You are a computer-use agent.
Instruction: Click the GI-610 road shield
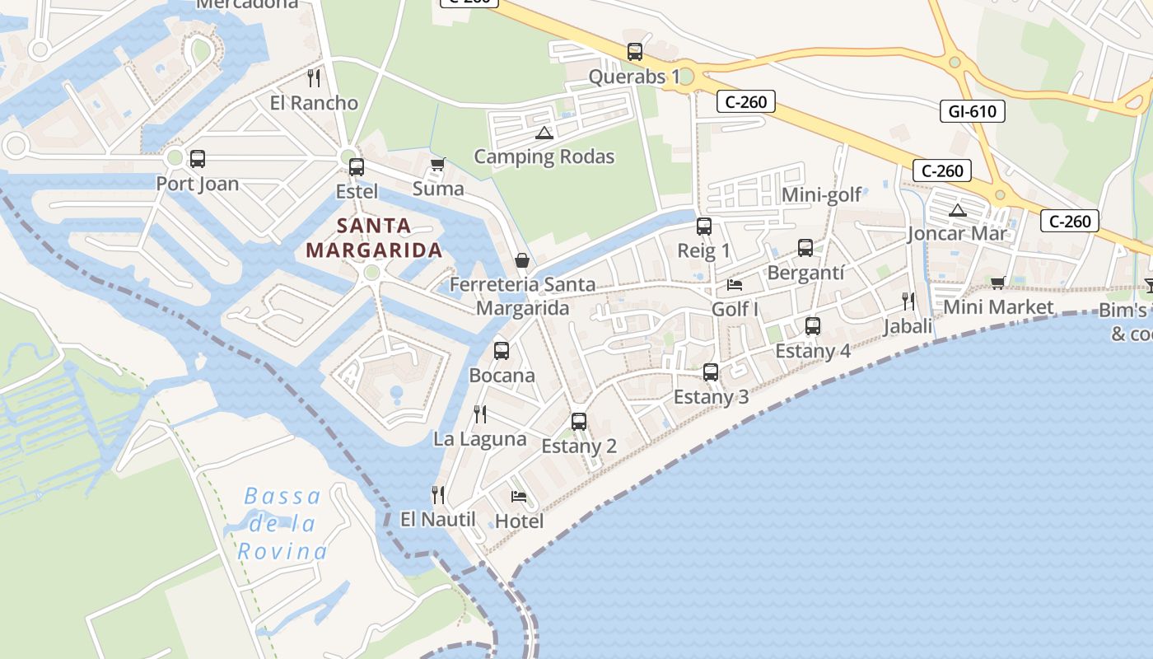[972, 110]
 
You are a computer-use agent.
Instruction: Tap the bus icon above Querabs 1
[634, 52]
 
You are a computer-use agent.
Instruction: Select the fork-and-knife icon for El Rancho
[313, 78]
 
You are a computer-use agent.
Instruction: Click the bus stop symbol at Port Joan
[197, 159]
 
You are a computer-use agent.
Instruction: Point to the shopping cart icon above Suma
[437, 164]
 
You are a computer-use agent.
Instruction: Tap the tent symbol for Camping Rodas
[544, 133]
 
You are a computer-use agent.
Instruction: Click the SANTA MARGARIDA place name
[374, 238]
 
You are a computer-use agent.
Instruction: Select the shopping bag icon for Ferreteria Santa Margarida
[521, 260]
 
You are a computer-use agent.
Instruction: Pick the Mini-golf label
[821, 194]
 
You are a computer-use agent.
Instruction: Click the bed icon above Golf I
[735, 285]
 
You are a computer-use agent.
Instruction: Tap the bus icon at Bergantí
[805, 248]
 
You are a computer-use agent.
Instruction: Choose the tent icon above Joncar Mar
[956, 210]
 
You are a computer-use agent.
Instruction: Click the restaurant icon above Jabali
[908, 301]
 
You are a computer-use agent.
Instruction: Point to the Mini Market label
[998, 307]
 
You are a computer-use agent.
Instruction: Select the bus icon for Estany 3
[711, 372]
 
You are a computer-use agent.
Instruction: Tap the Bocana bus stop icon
[502, 351]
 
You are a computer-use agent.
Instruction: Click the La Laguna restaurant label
[480, 439]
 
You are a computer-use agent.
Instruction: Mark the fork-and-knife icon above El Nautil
[438, 495]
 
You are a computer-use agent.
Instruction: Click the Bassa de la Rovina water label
[282, 524]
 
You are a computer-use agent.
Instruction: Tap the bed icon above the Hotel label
[519, 497]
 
